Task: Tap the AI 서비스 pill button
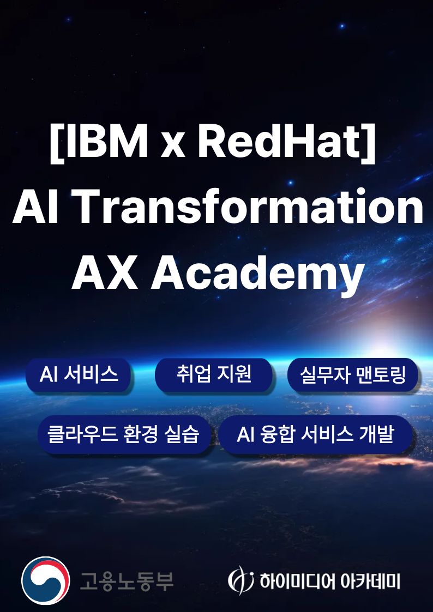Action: click(x=79, y=374)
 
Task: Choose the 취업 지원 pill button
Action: click(x=214, y=374)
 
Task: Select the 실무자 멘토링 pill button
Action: click(x=353, y=375)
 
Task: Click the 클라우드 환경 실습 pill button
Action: click(x=123, y=435)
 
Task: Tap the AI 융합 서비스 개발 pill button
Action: click(x=315, y=435)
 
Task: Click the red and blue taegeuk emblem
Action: click(x=46, y=580)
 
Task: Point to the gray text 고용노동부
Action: click(x=127, y=580)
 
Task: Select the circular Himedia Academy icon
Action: click(x=240, y=580)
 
